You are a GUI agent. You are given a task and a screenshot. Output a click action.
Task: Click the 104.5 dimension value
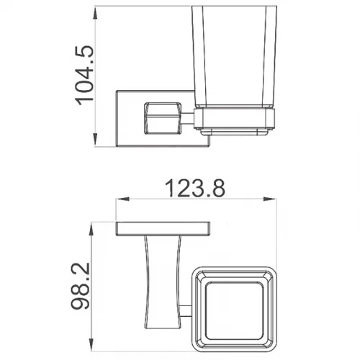[x=84, y=75]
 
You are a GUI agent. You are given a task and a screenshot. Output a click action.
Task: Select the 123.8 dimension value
[x=195, y=189]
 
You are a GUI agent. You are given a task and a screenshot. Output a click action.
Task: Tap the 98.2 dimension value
[x=81, y=286]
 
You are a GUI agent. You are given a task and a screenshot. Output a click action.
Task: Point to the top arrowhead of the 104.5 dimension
[x=95, y=13]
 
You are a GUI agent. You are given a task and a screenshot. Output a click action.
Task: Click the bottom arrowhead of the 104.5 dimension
[x=95, y=140]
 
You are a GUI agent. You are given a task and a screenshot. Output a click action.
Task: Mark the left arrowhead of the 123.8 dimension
[x=123, y=199]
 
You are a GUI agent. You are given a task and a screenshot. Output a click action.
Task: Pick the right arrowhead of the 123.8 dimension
[x=270, y=199]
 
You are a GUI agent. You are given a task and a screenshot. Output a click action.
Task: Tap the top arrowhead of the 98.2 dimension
[x=91, y=229]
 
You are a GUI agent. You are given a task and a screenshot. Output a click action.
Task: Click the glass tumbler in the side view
[x=235, y=56]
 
